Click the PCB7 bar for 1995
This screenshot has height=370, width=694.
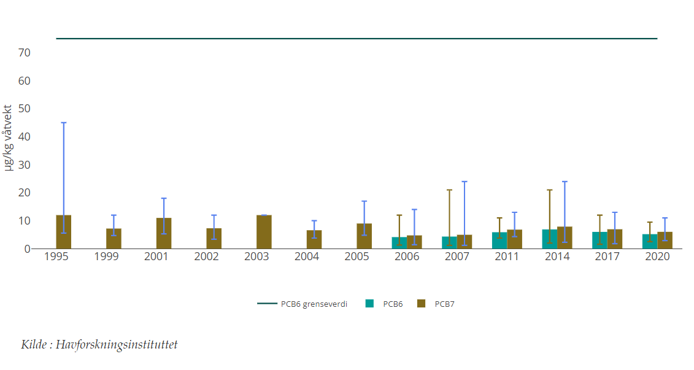click(64, 232)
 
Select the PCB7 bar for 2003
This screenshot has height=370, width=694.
click(264, 232)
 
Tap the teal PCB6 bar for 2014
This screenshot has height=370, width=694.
click(549, 239)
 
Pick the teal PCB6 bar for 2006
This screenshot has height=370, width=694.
click(399, 243)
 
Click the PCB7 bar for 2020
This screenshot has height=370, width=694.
click(665, 241)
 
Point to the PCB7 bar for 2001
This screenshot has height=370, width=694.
click(164, 233)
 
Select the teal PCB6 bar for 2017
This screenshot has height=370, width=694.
click(600, 241)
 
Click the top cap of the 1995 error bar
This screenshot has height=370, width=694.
click(64, 123)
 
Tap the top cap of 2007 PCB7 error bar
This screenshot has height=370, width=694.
click(465, 182)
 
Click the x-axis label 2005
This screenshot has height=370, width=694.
click(357, 256)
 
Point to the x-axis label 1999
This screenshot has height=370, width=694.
click(106, 256)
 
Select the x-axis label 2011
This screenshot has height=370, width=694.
click(507, 256)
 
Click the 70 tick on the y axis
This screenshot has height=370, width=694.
click(25, 53)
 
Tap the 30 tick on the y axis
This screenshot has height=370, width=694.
click(25, 165)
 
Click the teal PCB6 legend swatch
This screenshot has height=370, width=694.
click(369, 303)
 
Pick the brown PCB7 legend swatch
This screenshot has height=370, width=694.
click(421, 303)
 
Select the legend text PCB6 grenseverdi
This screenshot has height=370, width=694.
click(314, 304)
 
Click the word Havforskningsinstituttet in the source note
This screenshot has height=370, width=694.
click(117, 345)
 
